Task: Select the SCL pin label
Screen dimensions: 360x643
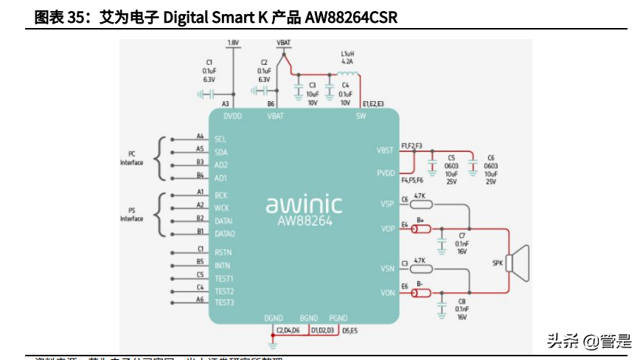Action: [220, 139]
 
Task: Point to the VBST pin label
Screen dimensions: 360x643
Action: [385, 150]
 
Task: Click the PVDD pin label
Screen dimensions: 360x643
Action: [385, 173]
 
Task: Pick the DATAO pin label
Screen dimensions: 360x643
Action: [224, 234]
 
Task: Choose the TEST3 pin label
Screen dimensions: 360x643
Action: [224, 302]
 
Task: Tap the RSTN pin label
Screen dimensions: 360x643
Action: [223, 252]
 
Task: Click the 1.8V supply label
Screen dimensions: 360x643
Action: [234, 43]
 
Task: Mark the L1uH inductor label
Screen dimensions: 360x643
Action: [347, 54]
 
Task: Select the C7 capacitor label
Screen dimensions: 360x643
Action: [462, 235]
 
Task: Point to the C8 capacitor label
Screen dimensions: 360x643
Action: [462, 301]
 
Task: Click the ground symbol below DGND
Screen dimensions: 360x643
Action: [273, 345]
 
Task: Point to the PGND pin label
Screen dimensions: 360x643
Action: [338, 318]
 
